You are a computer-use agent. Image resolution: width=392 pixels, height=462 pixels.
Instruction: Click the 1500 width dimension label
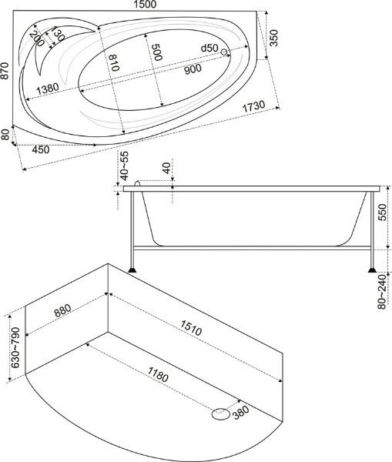[x=145, y=5]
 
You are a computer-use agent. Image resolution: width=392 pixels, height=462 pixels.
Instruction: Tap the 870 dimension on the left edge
[x=5, y=71]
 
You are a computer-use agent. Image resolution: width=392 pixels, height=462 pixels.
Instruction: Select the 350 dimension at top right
[x=274, y=38]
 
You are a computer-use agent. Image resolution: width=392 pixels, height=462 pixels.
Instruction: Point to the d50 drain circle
[x=224, y=52]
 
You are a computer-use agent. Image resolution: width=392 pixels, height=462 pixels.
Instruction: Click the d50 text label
[x=209, y=48]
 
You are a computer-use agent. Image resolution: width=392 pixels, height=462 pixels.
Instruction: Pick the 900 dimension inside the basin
[x=193, y=69]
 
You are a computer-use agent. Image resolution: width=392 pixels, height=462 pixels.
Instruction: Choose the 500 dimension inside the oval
[x=156, y=52]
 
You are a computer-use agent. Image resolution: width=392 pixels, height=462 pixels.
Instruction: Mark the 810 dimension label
[x=114, y=63]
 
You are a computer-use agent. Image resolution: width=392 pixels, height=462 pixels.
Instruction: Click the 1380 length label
[x=48, y=89]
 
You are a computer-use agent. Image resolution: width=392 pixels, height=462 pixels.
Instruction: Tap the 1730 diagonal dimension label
[x=253, y=106]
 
